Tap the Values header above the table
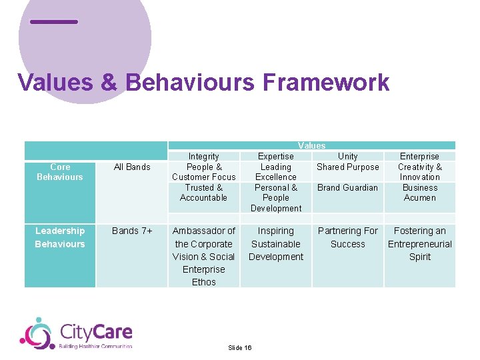pos(311,145)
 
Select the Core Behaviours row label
pos(60,172)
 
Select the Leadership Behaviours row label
pos(60,237)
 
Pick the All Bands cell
pos(132,167)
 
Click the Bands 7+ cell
pos(132,231)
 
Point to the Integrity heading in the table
pos(204,156)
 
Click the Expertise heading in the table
pos(276,156)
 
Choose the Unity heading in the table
pos(348,156)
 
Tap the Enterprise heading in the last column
pos(420,156)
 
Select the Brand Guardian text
pos(348,187)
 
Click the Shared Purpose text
pos(348,167)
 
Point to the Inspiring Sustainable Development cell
pos(276,243)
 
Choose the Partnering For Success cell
pos(348,237)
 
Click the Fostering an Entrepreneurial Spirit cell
pos(420,243)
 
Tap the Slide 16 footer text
pos(239,348)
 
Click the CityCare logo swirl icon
pos(37,333)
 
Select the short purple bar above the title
pos(54,22)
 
